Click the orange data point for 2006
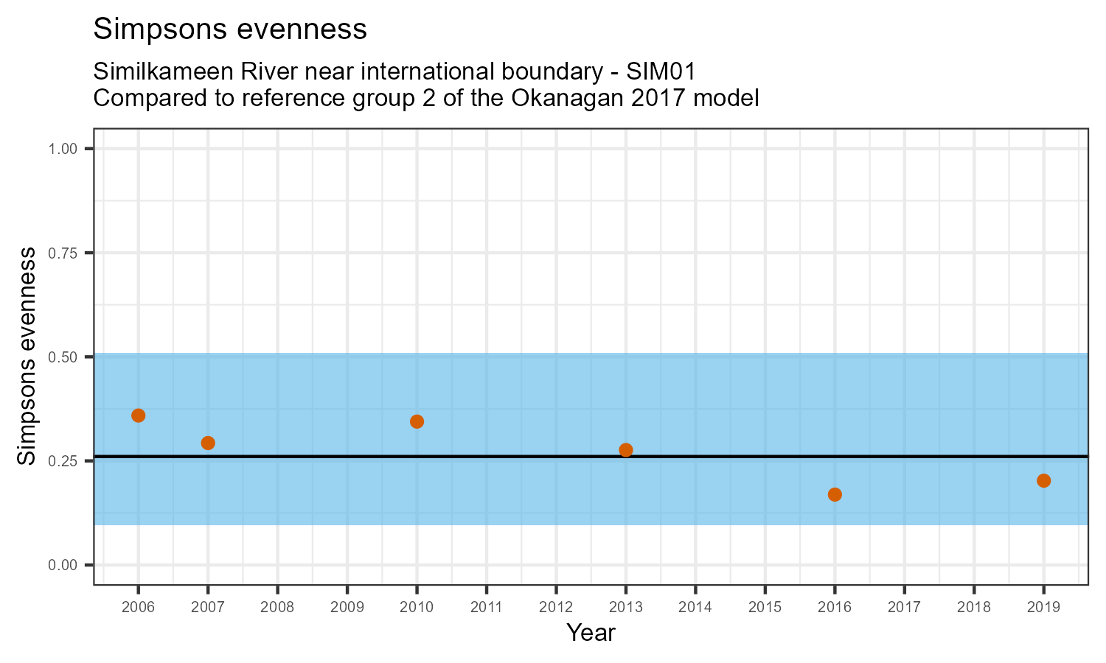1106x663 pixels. click(x=138, y=415)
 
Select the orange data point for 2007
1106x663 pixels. click(x=208, y=443)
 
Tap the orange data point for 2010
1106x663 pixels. click(x=417, y=421)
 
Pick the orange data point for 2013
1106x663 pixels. click(x=626, y=450)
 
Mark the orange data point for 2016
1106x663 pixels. click(x=835, y=494)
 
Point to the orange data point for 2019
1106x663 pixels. click(x=1043, y=481)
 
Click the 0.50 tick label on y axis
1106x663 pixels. click(x=63, y=357)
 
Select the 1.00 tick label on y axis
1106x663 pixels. click(x=63, y=150)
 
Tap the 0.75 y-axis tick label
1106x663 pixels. click(x=63, y=253)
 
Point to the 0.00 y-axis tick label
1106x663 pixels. click(x=63, y=565)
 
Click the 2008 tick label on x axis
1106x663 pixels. click(x=277, y=608)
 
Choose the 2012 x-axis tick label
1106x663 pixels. click(x=556, y=608)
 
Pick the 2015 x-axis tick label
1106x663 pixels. click(x=765, y=608)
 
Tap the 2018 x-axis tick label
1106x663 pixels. click(x=974, y=608)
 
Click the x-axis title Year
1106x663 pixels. click(x=591, y=633)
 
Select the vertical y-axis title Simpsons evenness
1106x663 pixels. click(x=27, y=357)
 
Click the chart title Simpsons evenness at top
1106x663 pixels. click(x=230, y=29)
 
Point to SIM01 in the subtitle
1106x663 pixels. click(x=661, y=72)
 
